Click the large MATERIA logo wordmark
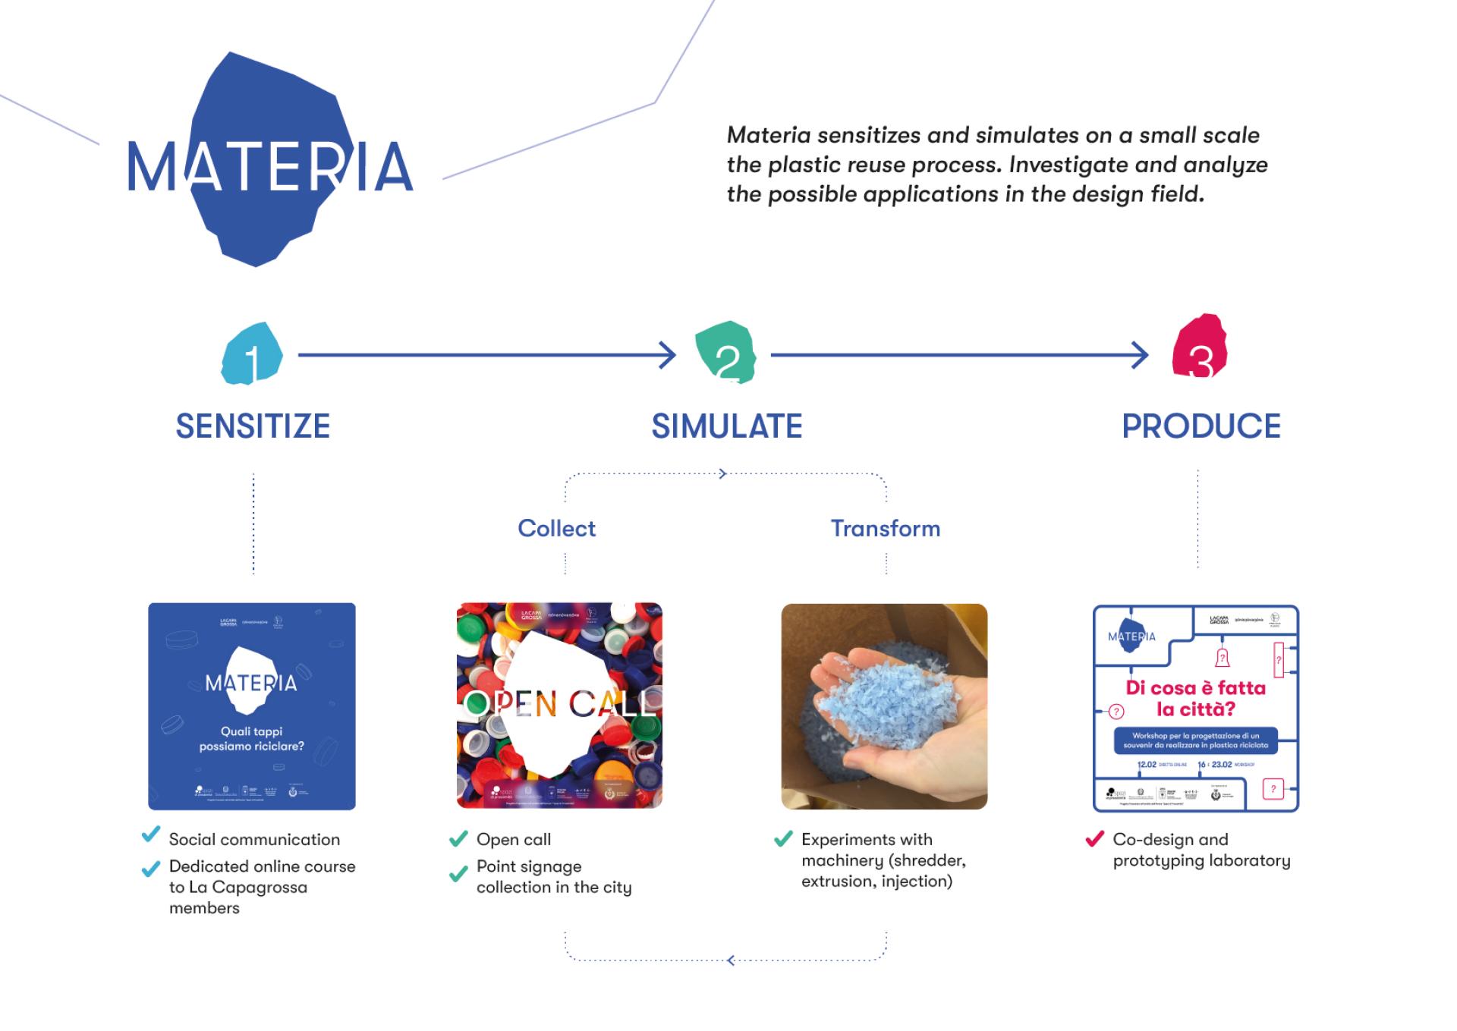(270, 166)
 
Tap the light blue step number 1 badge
(252, 354)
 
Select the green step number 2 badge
(725, 353)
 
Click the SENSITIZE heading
(253, 426)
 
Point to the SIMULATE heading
(727, 426)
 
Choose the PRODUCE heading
(1201, 426)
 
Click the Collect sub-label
(556, 529)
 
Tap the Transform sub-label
(885, 529)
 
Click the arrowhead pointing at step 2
(668, 355)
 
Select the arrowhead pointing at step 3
(1141, 355)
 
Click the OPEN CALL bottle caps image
(559, 706)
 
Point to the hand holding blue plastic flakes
(884, 706)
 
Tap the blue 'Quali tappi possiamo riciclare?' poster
(252, 706)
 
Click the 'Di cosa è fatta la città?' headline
(1195, 699)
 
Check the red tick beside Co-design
(1094, 839)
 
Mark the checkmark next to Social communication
(151, 835)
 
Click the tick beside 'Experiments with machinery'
(783, 839)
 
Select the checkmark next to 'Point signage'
(458, 874)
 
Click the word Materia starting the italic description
(769, 136)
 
